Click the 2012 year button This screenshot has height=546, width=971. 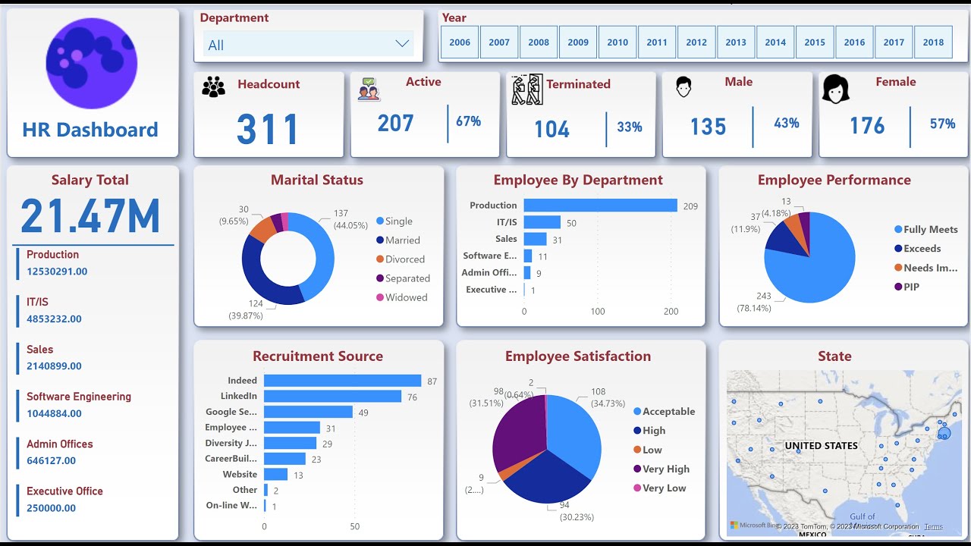pyautogui.click(x=696, y=42)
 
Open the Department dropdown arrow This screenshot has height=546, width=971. pyautogui.click(x=402, y=44)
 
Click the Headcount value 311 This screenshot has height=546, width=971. pyautogui.click(x=267, y=130)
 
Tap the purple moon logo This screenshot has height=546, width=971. pyautogui.click(x=91, y=64)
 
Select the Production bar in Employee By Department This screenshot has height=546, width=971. pyautogui.click(x=600, y=206)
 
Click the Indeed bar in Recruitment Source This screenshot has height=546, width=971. pyautogui.click(x=342, y=381)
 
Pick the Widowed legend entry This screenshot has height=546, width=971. pyautogui.click(x=406, y=297)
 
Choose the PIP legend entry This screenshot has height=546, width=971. pyautogui.click(x=911, y=287)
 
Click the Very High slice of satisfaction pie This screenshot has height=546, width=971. pyautogui.click(x=518, y=432)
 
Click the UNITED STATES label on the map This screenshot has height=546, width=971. pyautogui.click(x=821, y=446)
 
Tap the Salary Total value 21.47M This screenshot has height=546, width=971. pyautogui.click(x=90, y=216)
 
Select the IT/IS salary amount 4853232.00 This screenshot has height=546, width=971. pyautogui.click(x=54, y=319)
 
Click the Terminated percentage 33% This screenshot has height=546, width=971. pyautogui.click(x=630, y=127)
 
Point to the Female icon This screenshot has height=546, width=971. pyautogui.click(x=835, y=89)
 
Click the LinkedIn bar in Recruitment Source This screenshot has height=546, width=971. pyautogui.click(x=332, y=397)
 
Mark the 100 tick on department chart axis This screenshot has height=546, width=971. pyautogui.click(x=598, y=312)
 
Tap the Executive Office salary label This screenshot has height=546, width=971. pyautogui.click(x=64, y=491)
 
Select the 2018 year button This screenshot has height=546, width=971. pyautogui.click(x=933, y=42)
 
